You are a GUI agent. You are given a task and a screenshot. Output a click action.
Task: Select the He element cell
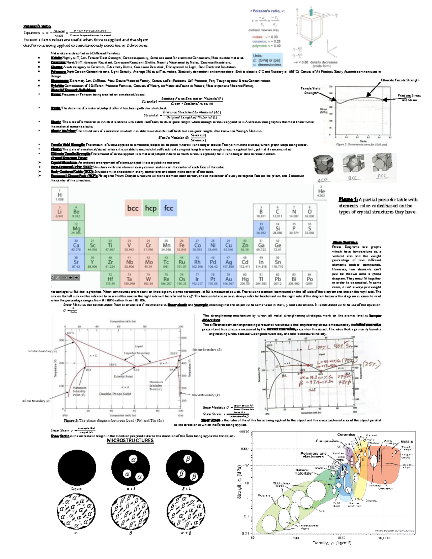coord(321,191)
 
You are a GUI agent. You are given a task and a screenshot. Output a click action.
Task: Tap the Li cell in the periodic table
coord(59,212)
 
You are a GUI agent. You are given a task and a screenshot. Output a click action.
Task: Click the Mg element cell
coord(76,229)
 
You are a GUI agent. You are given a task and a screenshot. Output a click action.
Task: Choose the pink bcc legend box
coord(133,208)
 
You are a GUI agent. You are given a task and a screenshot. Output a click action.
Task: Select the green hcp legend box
coord(151,208)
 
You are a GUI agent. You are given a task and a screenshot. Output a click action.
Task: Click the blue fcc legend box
coord(168,208)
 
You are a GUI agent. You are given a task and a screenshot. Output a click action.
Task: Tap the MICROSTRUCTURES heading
coord(130,441)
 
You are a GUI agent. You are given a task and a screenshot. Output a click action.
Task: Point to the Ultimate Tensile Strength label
coord(400,80)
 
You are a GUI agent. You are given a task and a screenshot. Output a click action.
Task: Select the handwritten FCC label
coord(382,176)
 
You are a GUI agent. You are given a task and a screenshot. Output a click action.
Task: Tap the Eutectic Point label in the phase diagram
coord(123,376)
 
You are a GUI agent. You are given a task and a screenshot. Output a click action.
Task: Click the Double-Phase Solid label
coord(115,394)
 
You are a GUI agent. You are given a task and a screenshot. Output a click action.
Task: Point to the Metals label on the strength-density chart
coord(406,442)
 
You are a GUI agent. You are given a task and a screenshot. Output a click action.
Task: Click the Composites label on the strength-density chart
coord(327,441)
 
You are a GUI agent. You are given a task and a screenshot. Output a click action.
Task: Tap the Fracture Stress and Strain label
coord(409,98)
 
